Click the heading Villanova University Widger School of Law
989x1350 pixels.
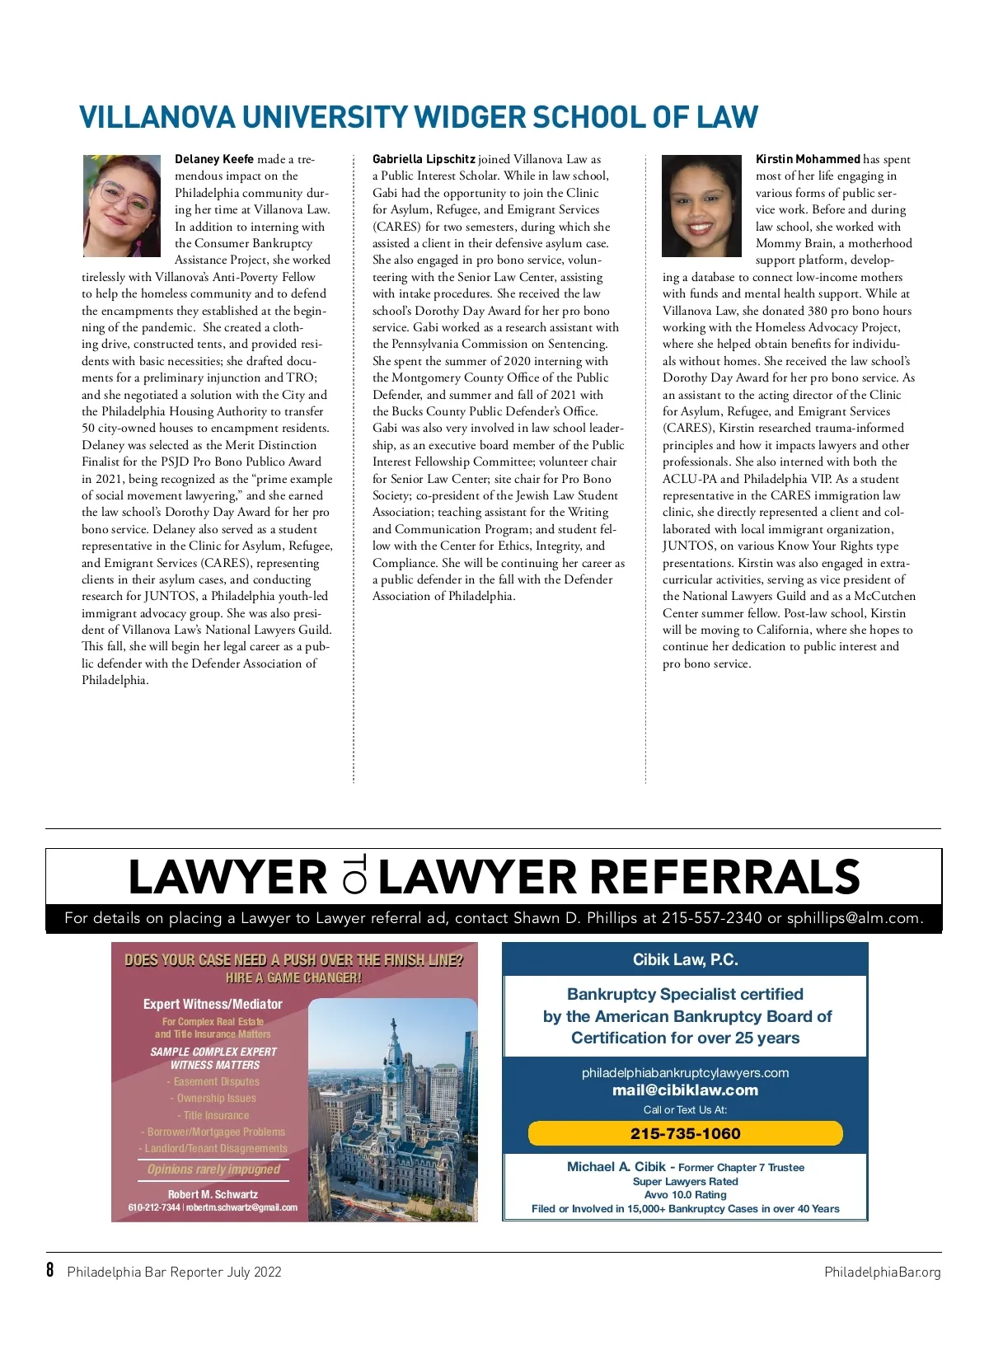418,117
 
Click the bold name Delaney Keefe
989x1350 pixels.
214,159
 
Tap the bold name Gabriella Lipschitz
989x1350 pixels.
424,159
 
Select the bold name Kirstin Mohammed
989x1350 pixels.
808,159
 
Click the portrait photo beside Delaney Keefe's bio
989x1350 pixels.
122,206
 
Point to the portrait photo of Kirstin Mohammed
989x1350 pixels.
702,206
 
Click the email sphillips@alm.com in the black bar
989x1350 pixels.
854,918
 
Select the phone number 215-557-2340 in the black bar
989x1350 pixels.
711,918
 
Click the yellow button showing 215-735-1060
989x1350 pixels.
685,1133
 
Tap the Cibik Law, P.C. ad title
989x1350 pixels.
685,959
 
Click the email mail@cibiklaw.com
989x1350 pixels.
685,1090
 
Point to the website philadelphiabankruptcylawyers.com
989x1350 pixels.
685,1072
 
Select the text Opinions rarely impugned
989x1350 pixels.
213,1170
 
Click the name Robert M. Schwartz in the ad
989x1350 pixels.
213,1194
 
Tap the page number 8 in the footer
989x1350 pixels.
50,1270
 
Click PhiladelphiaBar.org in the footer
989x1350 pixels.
882,1272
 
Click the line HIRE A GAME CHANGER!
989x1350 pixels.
293,977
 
